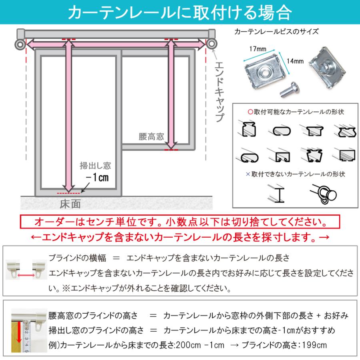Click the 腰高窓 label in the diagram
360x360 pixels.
pyautogui.click(x=151, y=136)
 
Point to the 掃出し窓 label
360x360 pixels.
pyautogui.click(x=95, y=165)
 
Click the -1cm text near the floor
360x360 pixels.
pyautogui.click(x=95, y=176)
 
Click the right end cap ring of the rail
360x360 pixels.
pyautogui.click(x=212, y=44)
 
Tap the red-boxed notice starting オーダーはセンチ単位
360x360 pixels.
pyautogui.click(x=180, y=222)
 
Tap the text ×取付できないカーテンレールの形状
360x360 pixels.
pyautogui.click(x=295, y=174)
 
